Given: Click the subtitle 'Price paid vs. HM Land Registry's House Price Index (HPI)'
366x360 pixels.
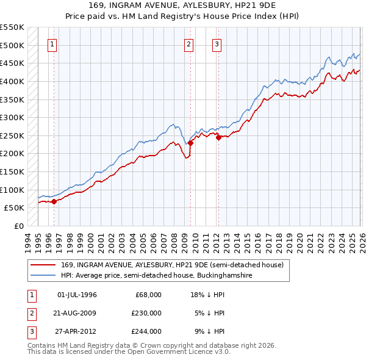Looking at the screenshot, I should pyautogui.click(x=183, y=17).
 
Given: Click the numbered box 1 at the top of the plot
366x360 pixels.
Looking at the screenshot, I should pyautogui.click(x=52, y=44).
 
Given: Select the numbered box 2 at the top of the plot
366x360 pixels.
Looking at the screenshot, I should pyautogui.click(x=189, y=44).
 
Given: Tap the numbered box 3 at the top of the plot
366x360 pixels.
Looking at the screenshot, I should pyautogui.click(x=217, y=44).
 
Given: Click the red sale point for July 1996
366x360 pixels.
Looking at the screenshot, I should pyautogui.click(x=54, y=201).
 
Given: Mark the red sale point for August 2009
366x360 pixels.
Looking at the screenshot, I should pyautogui.click(x=190, y=143).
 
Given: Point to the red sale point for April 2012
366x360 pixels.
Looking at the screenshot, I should pyautogui.click(x=218, y=137).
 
